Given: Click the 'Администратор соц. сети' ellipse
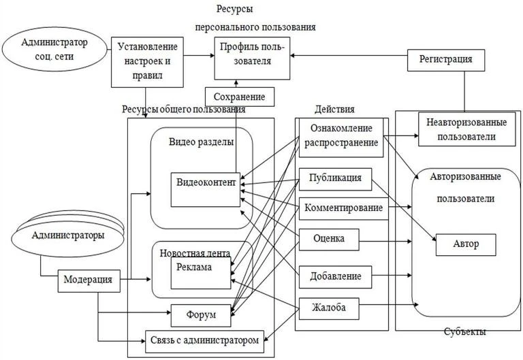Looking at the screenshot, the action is point(54,49).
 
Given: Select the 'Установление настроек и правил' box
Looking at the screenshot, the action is point(147,62).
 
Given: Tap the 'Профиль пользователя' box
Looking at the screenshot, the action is point(252,58).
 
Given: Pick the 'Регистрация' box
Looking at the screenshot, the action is point(446,60).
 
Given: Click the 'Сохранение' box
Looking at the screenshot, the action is point(240,97).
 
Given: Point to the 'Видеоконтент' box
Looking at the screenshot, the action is point(206,190).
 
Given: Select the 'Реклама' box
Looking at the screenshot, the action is point(201,273).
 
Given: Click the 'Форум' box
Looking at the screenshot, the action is point(201,315).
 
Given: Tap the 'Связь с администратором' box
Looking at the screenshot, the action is point(204,342).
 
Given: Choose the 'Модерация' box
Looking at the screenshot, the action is point(89,281).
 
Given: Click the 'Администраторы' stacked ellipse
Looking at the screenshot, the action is point(67,234).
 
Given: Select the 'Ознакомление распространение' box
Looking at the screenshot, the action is point(341,137).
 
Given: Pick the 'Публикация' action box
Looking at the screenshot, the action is point(335,179).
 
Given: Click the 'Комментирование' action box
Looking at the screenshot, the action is point(343,209).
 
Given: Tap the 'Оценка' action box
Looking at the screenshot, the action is point(329,240).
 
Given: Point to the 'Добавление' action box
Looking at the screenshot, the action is point(335,277).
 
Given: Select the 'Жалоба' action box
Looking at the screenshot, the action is point(329,308).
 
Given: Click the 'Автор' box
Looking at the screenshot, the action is point(466,245).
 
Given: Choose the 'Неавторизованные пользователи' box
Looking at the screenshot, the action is point(466,129).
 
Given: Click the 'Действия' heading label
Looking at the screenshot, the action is point(334,110).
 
